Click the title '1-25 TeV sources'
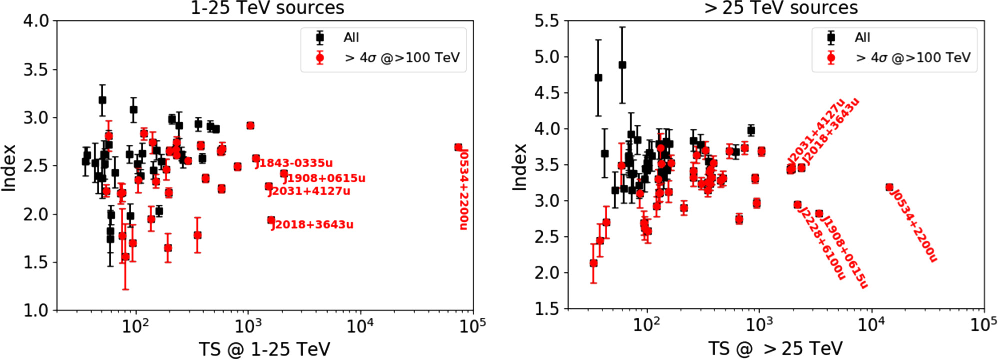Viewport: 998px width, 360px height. point(267,8)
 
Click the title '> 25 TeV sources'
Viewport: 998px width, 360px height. point(781,8)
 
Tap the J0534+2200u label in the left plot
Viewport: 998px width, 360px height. point(464,189)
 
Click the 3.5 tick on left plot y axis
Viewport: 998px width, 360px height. point(36,70)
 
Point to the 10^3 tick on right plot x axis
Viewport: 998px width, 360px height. point(759,325)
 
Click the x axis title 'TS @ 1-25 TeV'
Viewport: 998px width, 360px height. point(264,349)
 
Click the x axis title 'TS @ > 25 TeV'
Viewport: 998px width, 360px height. point(775,348)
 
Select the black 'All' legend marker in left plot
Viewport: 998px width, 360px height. point(320,37)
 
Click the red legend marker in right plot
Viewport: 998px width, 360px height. point(831,58)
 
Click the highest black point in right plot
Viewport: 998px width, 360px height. point(622,65)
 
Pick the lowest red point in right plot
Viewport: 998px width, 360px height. point(594,263)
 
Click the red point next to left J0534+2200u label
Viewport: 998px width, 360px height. point(458,147)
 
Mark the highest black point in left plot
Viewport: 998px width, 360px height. point(102,100)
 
